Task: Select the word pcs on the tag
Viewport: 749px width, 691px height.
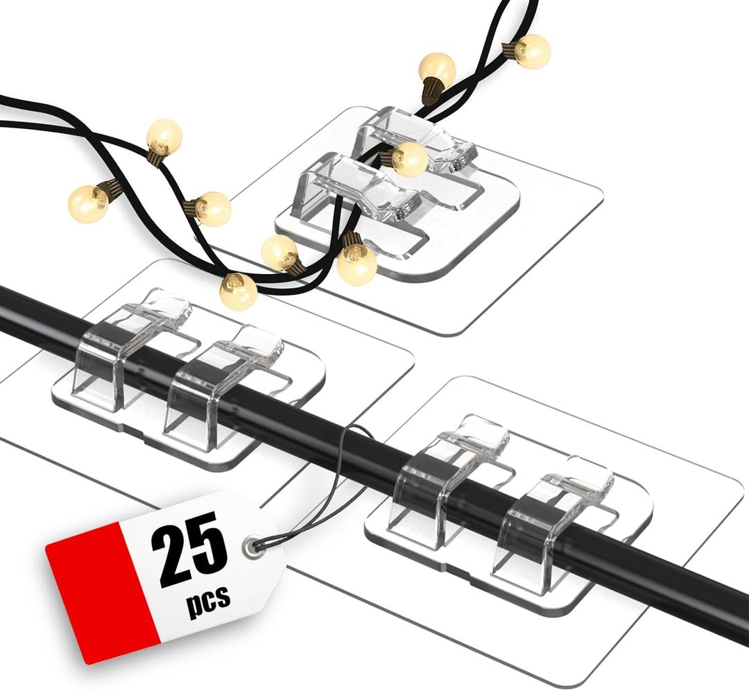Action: [x=208, y=600]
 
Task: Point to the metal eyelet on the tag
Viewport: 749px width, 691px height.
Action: [x=251, y=546]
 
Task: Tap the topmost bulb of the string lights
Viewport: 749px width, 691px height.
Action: [x=533, y=51]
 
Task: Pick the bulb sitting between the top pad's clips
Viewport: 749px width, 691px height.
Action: [x=409, y=159]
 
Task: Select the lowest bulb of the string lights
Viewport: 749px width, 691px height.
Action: [x=238, y=291]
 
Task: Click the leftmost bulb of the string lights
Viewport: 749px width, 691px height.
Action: [x=88, y=204]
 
